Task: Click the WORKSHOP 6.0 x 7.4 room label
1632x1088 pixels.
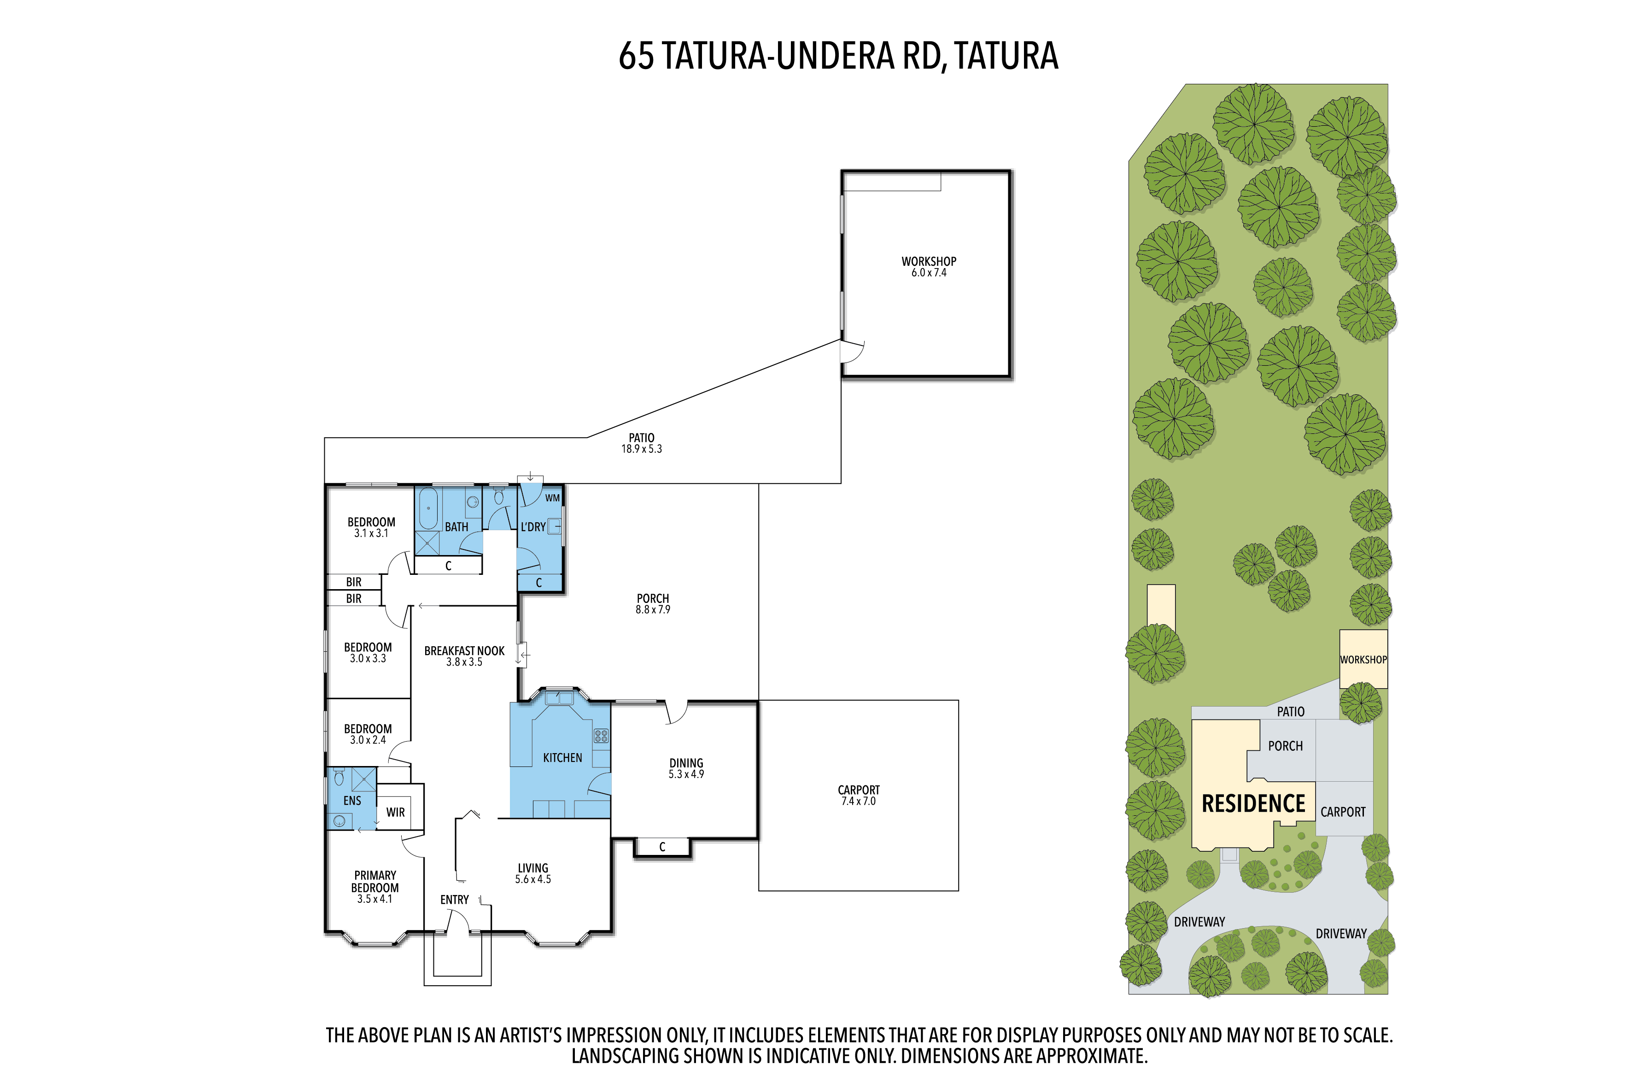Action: tap(929, 266)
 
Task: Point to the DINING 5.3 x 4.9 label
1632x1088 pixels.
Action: tap(686, 768)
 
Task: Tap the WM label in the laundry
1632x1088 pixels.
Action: tap(552, 498)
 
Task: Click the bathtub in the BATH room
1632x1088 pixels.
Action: tap(428, 509)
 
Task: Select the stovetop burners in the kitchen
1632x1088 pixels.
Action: tap(601, 736)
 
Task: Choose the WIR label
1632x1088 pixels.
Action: tap(396, 813)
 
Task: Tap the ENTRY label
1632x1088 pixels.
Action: tap(455, 900)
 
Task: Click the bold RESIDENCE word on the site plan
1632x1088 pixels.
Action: tap(1253, 803)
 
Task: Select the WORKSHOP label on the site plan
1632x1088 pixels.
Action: tap(1363, 660)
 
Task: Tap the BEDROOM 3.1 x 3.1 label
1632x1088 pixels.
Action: tap(371, 527)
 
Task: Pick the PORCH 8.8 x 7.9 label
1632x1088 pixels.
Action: tap(653, 604)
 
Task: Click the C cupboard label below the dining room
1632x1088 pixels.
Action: tap(662, 847)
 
